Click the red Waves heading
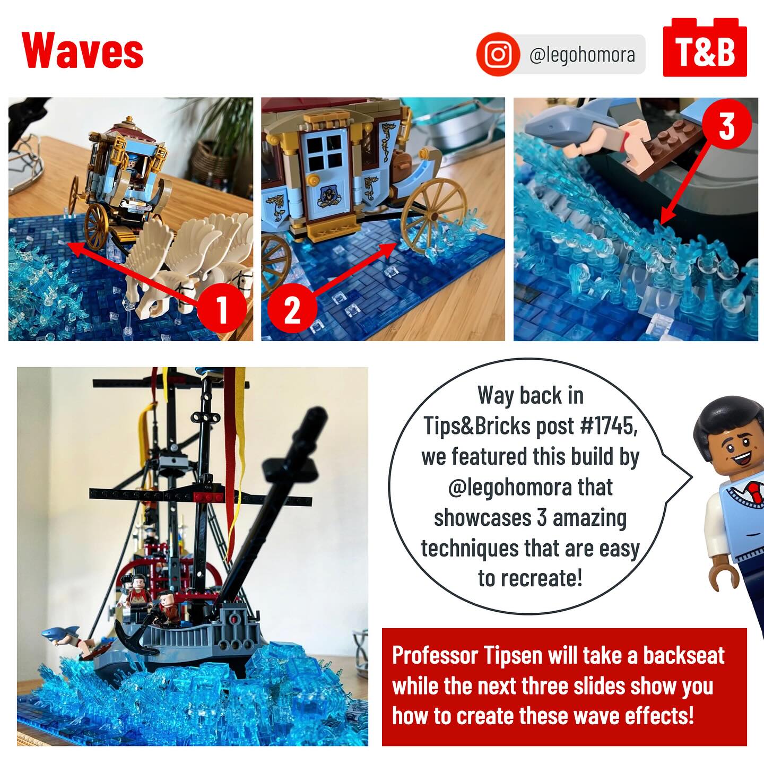click(x=82, y=50)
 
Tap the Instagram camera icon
click(x=498, y=54)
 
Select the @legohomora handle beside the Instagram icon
click(x=582, y=55)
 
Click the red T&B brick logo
click(x=705, y=48)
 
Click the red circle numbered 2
click(x=292, y=308)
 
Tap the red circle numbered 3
click(x=727, y=125)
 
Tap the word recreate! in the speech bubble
click(x=549, y=578)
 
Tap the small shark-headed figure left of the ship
click(x=59, y=633)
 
